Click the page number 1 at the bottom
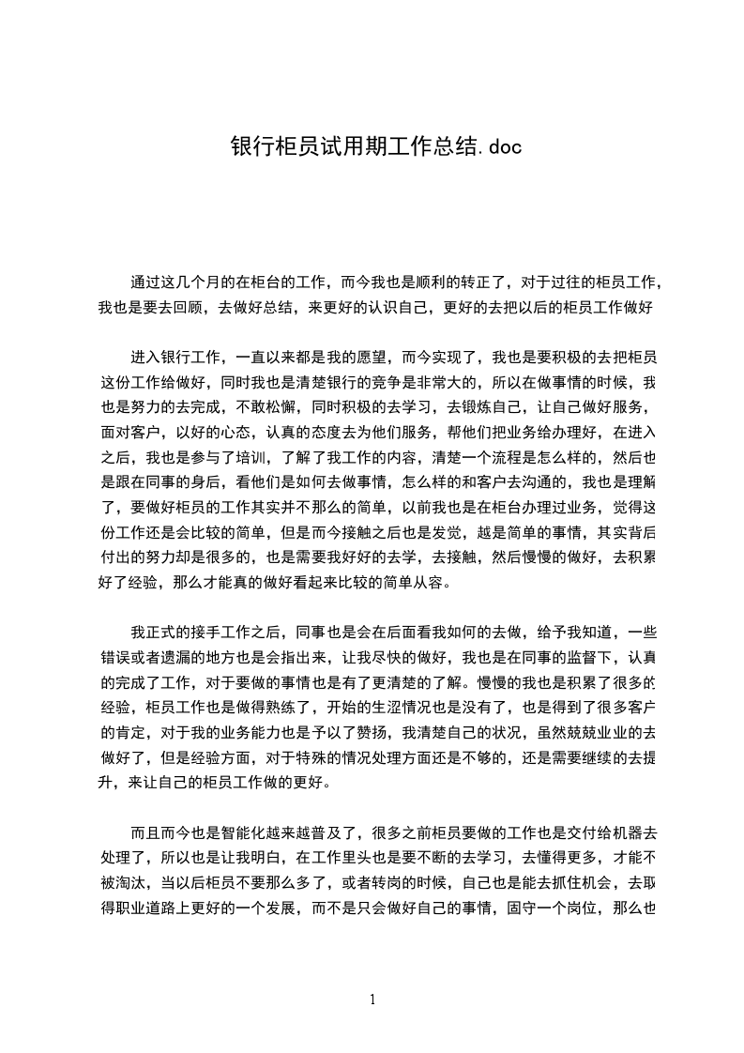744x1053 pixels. click(x=372, y=1000)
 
